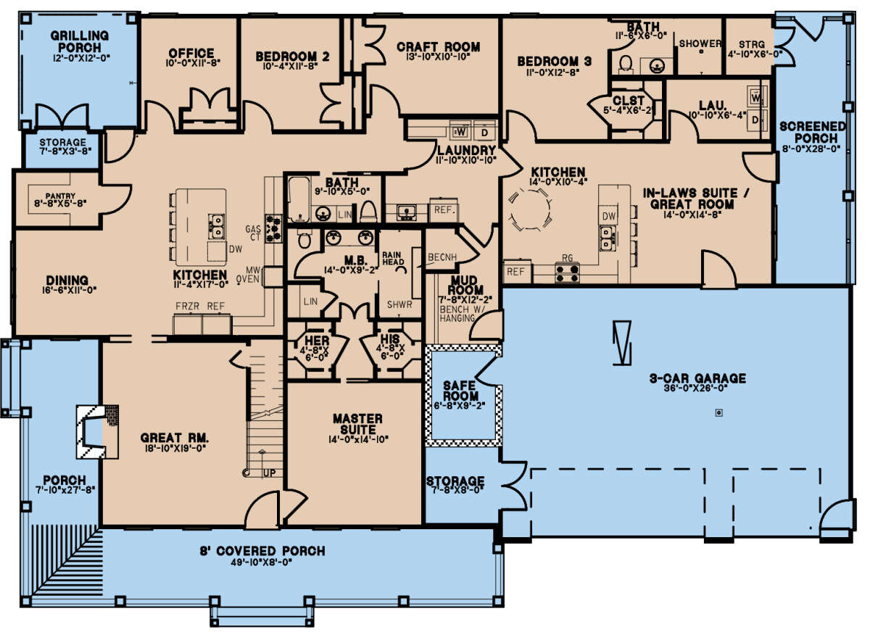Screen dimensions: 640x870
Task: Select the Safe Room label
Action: [461, 391]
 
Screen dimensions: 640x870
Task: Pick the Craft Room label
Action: [438, 47]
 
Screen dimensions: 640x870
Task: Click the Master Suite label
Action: [357, 425]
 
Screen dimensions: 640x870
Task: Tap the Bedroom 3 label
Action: [555, 62]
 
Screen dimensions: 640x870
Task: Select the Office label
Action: [191, 53]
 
